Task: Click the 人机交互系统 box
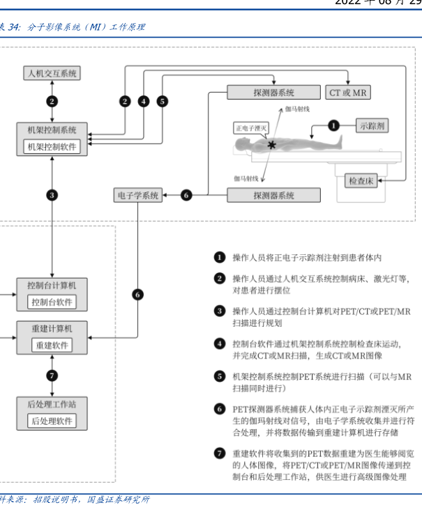[x=52, y=73]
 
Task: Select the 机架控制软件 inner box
[x=52, y=146]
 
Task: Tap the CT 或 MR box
[x=348, y=92]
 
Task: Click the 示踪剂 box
[x=372, y=126]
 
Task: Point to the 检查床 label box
[x=362, y=181]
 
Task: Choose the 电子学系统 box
[x=137, y=196]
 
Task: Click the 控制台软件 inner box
[x=52, y=302]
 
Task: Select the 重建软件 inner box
[x=52, y=345]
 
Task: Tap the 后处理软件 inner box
[x=52, y=421]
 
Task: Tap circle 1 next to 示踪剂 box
[x=333, y=126]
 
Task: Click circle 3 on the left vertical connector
[x=52, y=196]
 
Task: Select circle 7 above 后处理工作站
[x=52, y=376]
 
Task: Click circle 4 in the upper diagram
[x=143, y=101]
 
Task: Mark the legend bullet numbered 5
[x=220, y=377]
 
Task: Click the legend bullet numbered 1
[x=220, y=258]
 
